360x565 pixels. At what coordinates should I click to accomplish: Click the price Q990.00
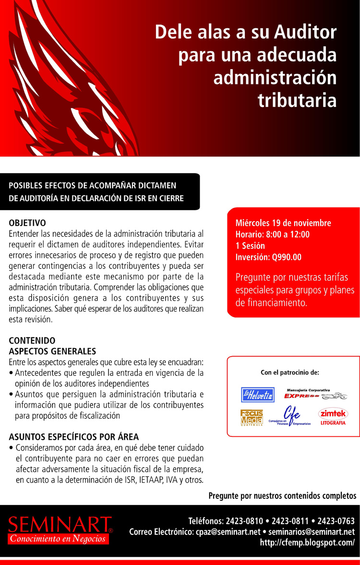coord(287,257)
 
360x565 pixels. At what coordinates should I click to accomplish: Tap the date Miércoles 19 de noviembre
coord(283,224)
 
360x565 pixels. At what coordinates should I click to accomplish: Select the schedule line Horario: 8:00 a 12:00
coord(272,235)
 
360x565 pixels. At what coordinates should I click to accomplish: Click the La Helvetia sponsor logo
coord(257,395)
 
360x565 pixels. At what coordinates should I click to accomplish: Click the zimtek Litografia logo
coord(333,417)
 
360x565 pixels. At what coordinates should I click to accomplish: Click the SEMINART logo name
coord(60,524)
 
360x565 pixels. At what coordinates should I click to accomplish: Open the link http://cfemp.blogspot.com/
coord(307,542)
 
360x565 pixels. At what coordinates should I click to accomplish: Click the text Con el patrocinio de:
coord(289,372)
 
